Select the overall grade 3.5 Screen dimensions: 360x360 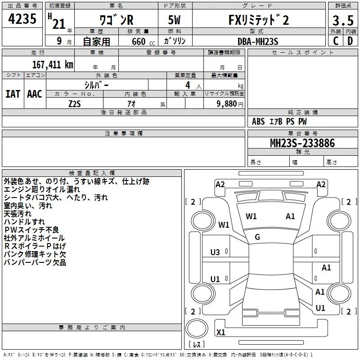pos(343,21)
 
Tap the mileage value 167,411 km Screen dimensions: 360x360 pos(53,64)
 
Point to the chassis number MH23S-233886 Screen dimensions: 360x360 pos(302,143)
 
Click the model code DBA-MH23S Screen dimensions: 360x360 pos(258,41)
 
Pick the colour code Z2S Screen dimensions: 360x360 pos(75,103)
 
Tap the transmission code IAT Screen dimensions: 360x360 pos(13,94)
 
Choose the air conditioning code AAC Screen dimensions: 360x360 pos(35,94)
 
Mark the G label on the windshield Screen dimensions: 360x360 pos(257,237)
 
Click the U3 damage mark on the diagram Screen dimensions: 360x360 pos(215,252)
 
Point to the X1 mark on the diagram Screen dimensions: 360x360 pos(220,333)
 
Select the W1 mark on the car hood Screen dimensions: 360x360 pos(251,216)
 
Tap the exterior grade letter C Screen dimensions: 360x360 pos(335,41)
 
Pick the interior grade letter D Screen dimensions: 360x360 pos(351,41)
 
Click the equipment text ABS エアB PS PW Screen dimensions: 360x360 pos(279,121)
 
